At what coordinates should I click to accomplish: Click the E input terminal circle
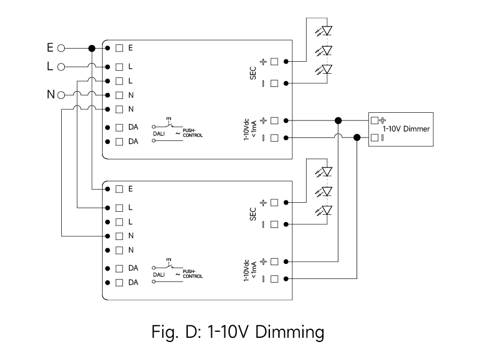click(61, 47)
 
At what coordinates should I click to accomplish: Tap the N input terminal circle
click(61, 95)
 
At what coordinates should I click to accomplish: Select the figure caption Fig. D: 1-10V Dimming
click(239, 331)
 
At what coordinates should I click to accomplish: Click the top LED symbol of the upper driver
click(326, 30)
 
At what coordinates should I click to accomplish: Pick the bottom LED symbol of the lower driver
click(326, 211)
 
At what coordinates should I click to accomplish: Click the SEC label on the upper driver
click(253, 73)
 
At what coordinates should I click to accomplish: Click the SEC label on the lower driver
click(253, 214)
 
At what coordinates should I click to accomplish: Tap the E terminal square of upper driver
click(119, 47)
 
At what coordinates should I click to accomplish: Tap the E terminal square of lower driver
click(119, 189)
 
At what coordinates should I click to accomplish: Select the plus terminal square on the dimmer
click(375, 119)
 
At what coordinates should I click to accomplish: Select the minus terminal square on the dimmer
click(375, 138)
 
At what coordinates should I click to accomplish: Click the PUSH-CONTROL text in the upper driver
click(193, 133)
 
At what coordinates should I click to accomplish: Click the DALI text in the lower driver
click(158, 274)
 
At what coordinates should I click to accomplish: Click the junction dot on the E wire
click(92, 47)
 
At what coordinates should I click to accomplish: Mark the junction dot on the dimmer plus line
click(338, 120)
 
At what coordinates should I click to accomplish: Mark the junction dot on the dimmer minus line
click(357, 138)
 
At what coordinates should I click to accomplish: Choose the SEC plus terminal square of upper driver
click(274, 61)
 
